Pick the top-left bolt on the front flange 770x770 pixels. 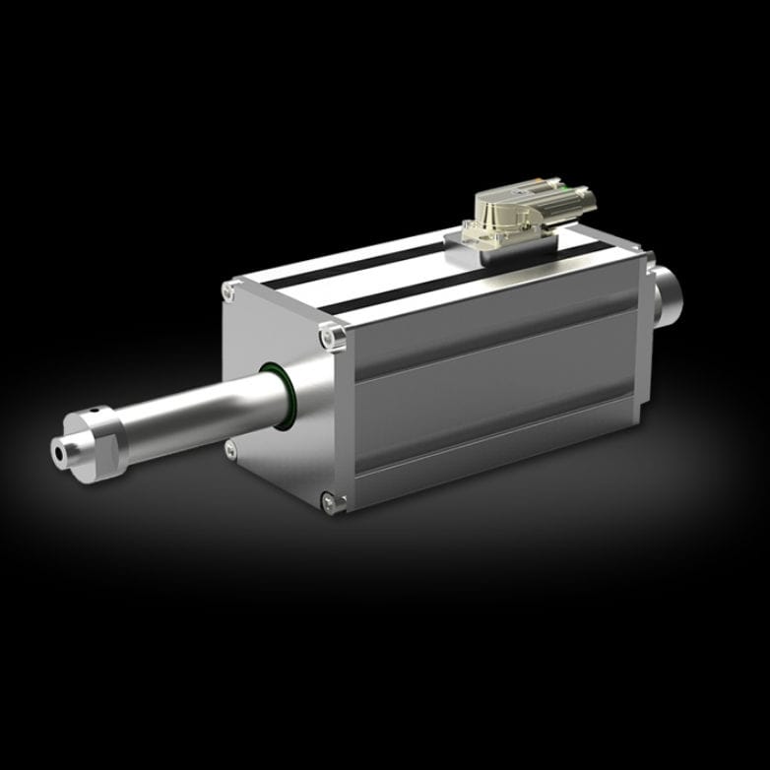pyautogui.click(x=230, y=290)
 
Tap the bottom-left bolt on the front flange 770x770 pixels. pyautogui.click(x=230, y=450)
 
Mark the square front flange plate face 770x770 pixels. pyautogui.click(x=295, y=443)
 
